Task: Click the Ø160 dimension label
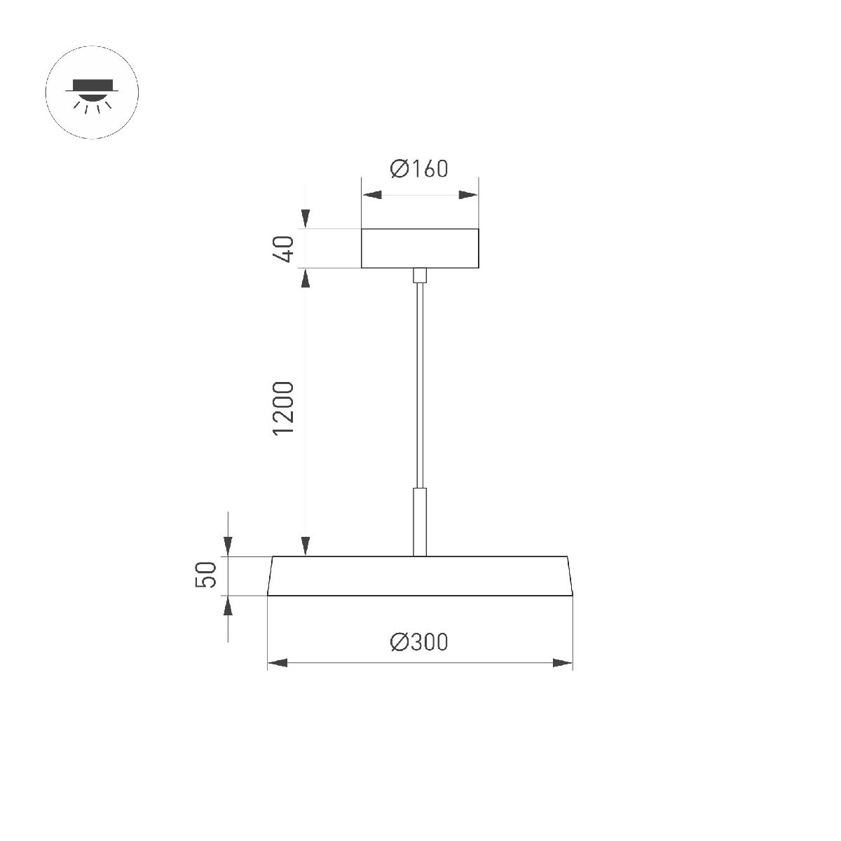click(419, 169)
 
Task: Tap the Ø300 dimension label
click(419, 641)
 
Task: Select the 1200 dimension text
click(284, 408)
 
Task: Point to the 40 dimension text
click(284, 249)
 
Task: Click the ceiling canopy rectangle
click(420, 248)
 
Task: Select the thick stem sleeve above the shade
click(420, 522)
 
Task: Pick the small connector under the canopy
click(420, 275)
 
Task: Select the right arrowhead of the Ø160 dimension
click(468, 196)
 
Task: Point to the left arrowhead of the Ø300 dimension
click(278, 663)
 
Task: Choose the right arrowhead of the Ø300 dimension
click(563, 663)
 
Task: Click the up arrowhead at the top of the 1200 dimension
click(306, 278)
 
